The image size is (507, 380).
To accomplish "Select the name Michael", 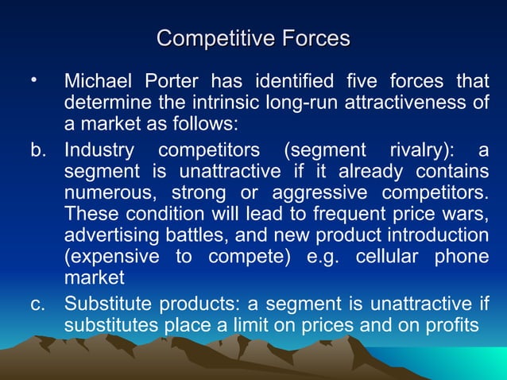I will (99, 82).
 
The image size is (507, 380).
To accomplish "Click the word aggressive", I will (322, 193).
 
